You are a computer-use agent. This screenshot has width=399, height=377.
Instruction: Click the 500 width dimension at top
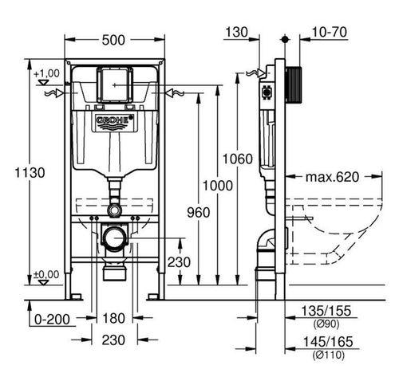coord(115,38)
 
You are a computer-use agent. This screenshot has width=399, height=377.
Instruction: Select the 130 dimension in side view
coord(237,33)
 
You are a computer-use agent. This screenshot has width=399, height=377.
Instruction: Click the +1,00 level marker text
coord(47,73)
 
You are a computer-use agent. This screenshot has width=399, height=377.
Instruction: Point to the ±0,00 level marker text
coord(47,274)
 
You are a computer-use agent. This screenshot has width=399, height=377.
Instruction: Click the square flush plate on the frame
coord(115,82)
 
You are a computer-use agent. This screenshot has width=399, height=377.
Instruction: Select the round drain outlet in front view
coord(115,237)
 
